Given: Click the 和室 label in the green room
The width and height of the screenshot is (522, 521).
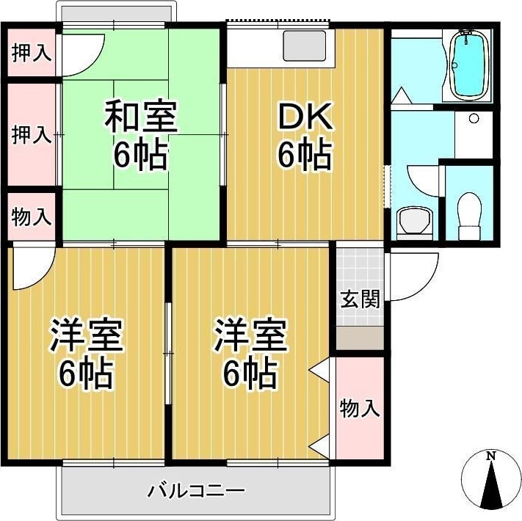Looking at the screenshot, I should (x=140, y=118).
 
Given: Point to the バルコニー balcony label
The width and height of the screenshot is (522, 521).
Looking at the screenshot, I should (x=195, y=489).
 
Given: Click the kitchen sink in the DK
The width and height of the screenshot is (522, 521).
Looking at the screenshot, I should (x=305, y=45).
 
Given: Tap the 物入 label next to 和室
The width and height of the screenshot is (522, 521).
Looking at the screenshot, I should (x=32, y=216).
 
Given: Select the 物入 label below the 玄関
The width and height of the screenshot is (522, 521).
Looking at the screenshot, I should (x=360, y=408).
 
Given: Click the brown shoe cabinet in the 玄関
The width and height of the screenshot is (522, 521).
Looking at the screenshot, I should (x=360, y=338).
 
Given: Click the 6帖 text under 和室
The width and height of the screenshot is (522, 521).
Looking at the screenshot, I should (x=140, y=155).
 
